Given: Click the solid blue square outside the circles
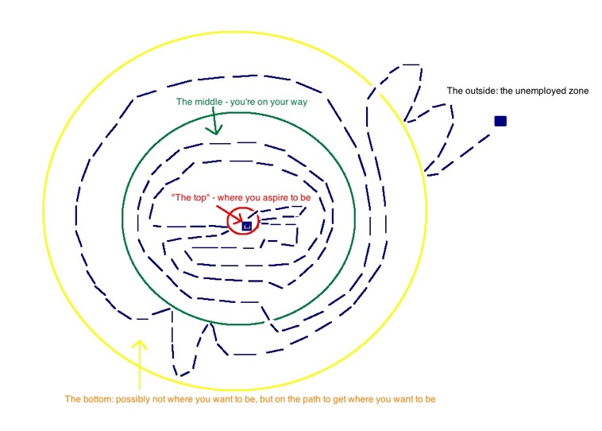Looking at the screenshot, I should tap(500, 121).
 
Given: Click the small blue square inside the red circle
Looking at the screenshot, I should tap(247, 226).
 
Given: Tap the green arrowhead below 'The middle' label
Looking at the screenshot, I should tap(213, 129).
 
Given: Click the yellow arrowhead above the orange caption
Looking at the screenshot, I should tap(139, 345).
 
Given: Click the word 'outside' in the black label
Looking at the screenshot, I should tap(479, 91).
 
